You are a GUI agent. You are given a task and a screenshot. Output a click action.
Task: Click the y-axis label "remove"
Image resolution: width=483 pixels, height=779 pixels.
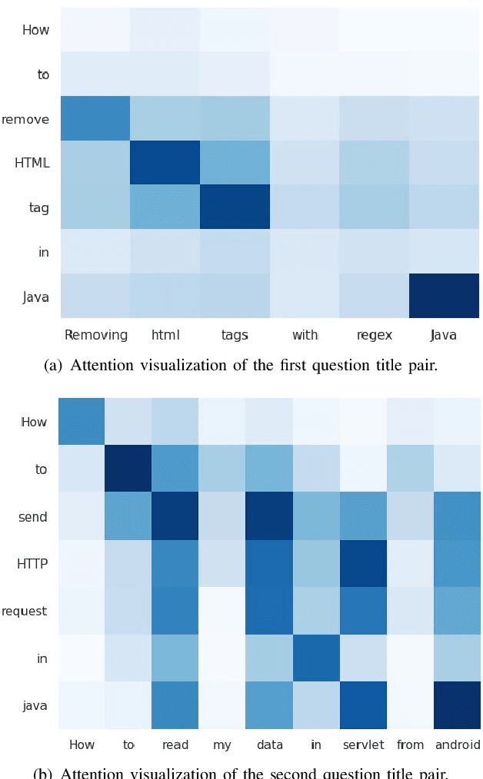[x=25, y=119]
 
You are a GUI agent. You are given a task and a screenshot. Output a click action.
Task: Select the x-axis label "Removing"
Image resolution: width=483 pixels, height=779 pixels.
[x=95, y=335]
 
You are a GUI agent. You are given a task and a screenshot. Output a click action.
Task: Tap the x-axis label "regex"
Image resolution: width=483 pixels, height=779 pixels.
[x=374, y=335]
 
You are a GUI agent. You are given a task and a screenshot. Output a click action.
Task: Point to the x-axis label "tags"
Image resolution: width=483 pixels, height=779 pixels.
[x=235, y=335]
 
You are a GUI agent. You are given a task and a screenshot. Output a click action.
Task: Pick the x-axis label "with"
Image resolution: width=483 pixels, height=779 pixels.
[x=305, y=335]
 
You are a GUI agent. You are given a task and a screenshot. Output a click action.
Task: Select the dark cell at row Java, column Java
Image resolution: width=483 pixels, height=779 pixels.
[x=444, y=296]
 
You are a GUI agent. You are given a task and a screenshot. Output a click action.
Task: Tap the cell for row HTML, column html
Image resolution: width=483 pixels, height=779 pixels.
[x=165, y=163]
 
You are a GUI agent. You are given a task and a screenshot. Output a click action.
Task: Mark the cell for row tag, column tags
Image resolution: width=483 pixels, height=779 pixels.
[x=235, y=207]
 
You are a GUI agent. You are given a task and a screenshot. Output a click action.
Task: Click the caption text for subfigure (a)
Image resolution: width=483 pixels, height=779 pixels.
[x=241, y=366]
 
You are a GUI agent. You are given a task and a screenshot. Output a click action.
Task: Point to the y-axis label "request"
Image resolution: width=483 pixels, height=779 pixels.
[x=25, y=612]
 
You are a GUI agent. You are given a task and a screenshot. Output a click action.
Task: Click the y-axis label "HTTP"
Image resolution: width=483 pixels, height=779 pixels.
[x=33, y=564]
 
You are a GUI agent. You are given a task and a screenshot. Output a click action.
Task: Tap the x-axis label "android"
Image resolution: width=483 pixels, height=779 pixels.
[x=457, y=744]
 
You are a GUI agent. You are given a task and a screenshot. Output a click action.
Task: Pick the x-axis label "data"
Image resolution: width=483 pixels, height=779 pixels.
[x=269, y=744]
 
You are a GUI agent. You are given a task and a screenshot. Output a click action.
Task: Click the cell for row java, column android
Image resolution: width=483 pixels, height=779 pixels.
[x=458, y=704]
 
